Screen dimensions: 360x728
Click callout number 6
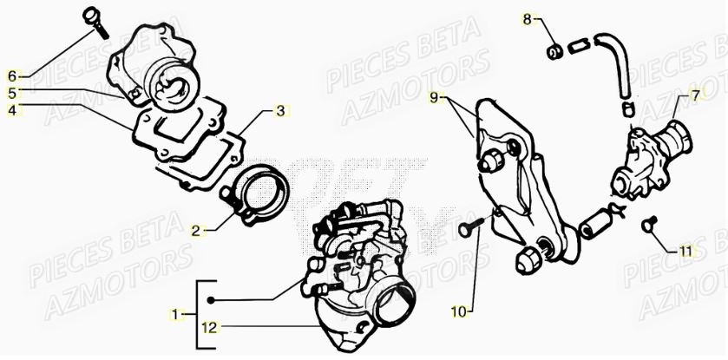click(x=12, y=75)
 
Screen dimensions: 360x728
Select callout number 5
click(x=12, y=93)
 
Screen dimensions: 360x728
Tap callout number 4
click(x=12, y=110)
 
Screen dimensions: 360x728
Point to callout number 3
click(x=280, y=111)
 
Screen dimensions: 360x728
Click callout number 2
click(x=196, y=231)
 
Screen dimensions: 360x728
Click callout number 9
click(x=435, y=98)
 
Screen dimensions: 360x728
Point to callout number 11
click(x=685, y=252)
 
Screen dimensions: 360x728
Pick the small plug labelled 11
click(x=646, y=226)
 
